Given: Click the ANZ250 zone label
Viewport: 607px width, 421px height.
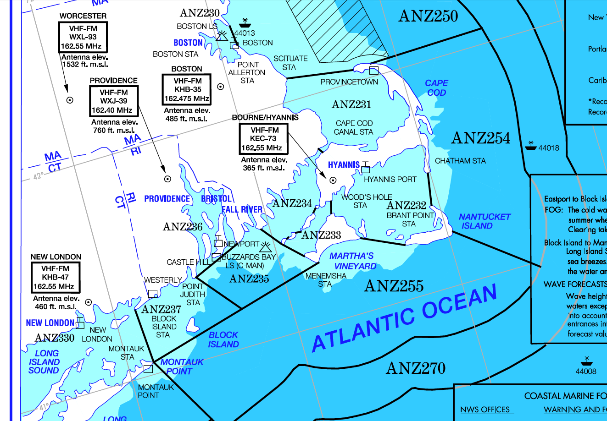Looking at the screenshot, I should coord(428,16).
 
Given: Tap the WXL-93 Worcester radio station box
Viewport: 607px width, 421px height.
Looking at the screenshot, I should coord(83,37).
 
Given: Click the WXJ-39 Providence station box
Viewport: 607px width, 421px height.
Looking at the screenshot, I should coord(114,101).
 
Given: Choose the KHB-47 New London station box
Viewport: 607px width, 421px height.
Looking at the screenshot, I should coord(56,278).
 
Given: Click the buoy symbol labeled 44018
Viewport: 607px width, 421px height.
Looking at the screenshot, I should coord(531,145).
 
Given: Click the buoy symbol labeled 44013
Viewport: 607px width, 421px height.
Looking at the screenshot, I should coord(244,23).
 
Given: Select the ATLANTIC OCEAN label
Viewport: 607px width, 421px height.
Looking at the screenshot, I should coord(404,317).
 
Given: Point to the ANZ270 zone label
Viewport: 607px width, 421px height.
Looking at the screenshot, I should coord(416,368).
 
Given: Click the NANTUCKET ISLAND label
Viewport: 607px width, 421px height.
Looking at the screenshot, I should coord(484,221).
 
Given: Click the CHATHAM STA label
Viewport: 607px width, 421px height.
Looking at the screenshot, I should coord(460,161).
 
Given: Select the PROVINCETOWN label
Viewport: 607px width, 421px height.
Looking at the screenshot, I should coord(349,82).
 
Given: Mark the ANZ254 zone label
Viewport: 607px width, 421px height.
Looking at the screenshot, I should coord(481,138).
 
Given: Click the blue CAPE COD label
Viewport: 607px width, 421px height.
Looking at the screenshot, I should coord(436,87).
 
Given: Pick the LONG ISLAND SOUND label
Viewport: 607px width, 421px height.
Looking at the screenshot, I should coord(45,362).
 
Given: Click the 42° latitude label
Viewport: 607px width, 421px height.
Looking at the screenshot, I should coord(39,176).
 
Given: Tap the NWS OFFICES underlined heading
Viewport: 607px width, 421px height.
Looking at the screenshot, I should coord(485,410).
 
